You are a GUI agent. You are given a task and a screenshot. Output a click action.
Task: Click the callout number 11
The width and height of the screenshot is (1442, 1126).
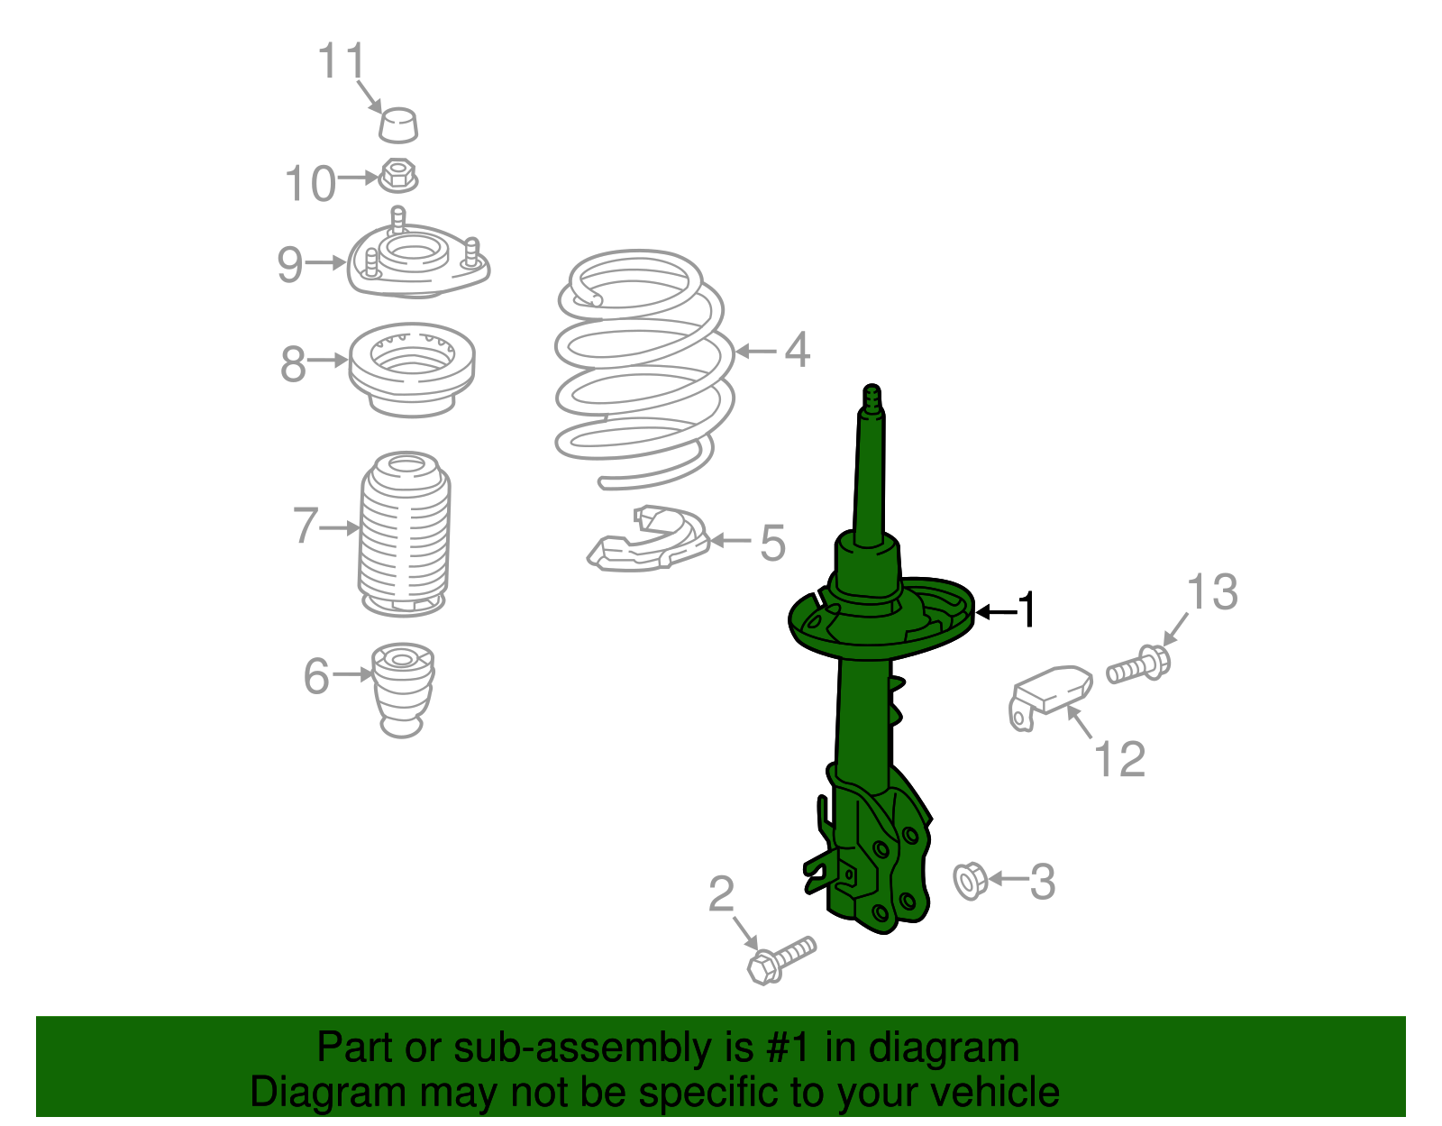(x=342, y=60)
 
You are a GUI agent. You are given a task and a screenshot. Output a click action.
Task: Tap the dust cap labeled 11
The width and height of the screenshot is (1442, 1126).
(x=398, y=125)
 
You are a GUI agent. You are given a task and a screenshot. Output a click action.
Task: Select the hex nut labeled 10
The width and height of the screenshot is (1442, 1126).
(x=397, y=176)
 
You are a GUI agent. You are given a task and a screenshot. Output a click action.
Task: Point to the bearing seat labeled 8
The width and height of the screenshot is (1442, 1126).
(x=412, y=370)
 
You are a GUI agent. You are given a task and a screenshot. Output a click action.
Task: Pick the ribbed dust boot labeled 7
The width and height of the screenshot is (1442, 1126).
(x=404, y=534)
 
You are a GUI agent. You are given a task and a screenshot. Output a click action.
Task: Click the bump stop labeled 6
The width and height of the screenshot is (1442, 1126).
(x=403, y=690)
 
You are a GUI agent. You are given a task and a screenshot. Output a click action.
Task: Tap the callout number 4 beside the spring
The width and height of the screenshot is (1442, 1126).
(x=797, y=350)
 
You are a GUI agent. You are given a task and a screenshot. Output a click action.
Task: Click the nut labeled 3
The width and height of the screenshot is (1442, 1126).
(x=970, y=881)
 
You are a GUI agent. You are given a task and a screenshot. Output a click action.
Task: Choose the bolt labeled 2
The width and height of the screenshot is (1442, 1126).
(x=781, y=959)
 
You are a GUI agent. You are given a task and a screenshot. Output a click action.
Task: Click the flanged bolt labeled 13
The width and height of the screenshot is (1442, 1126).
(x=1138, y=664)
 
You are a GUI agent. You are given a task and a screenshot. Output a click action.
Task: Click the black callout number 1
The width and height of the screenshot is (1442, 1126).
(x=1027, y=609)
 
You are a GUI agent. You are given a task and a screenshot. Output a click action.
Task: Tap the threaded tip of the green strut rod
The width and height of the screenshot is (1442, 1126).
(x=872, y=397)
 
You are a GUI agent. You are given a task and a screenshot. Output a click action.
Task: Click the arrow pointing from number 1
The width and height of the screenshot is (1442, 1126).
(x=996, y=612)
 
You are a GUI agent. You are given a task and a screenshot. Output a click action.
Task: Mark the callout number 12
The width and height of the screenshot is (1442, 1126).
(x=1118, y=759)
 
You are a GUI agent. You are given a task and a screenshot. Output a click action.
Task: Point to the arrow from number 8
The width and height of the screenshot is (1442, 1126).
(x=328, y=361)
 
